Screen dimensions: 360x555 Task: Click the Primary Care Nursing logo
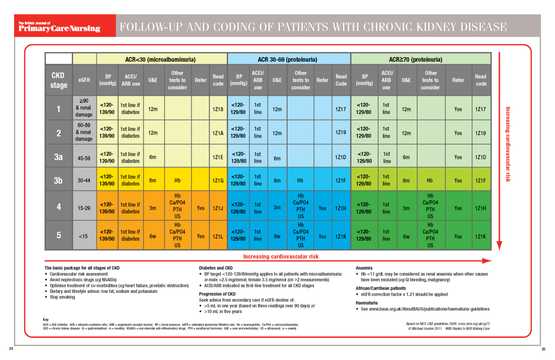coord(60,27)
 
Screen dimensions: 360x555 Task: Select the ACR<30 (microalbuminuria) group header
coord(160,59)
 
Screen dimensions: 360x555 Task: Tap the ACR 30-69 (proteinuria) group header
coord(288,59)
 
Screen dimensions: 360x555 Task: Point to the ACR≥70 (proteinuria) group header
coord(416,59)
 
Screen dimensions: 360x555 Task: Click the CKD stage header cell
coord(59,80)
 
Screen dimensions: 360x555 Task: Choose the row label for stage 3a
coord(59,157)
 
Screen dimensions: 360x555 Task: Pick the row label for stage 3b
coord(59,180)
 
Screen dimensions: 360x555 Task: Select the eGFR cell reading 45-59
coord(84,158)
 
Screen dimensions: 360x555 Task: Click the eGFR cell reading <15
coord(83,236)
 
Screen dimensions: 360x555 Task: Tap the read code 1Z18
coord(218,109)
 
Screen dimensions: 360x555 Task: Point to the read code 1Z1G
coord(218,180)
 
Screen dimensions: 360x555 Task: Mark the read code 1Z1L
coord(218,236)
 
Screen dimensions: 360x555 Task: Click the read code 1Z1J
coord(218,208)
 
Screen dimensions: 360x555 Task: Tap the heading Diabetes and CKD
coord(216,268)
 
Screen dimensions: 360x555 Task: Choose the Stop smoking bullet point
coord(62,297)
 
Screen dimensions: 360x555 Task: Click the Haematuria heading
coord(366,303)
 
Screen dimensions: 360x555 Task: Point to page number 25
coord(543,349)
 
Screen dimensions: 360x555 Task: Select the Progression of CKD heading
coord(217,294)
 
